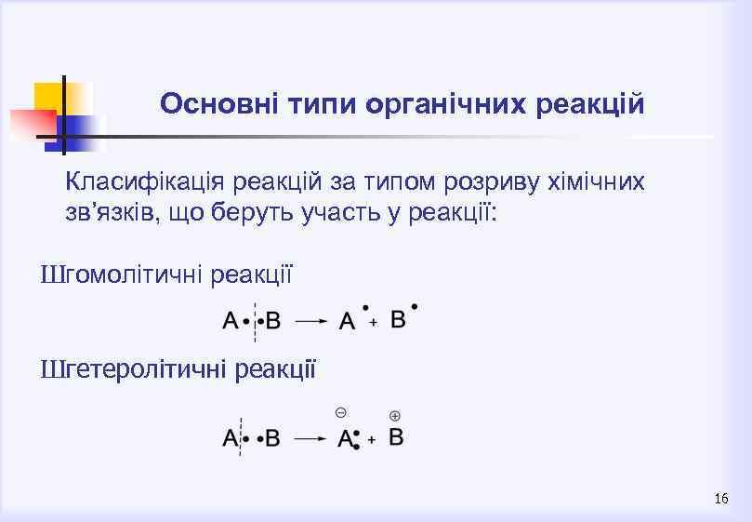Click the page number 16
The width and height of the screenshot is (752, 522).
pos(721,500)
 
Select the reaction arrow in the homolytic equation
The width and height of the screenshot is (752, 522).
pos(311,321)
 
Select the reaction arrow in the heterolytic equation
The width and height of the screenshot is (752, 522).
pos(311,438)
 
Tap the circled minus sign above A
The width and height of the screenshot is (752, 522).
pos(341,412)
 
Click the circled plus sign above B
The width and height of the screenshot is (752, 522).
pos(395,415)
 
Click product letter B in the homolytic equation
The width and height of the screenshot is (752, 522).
pos(398,319)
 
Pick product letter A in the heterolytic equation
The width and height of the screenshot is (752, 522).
pos(345,438)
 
